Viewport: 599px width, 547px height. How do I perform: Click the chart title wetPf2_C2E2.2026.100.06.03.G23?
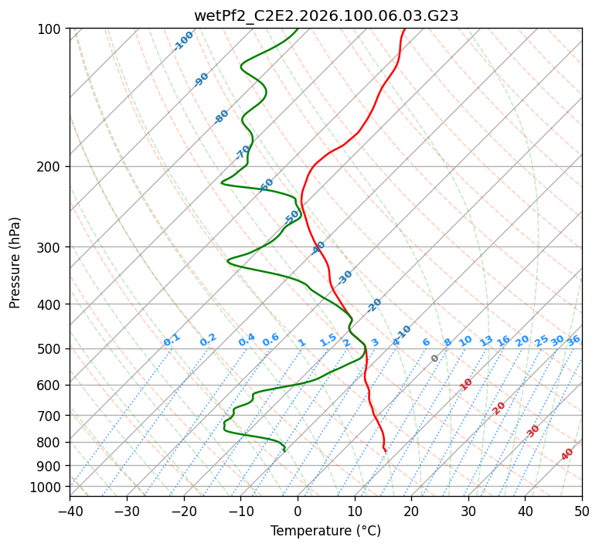(326, 15)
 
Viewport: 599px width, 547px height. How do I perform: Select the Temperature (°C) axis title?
(326, 532)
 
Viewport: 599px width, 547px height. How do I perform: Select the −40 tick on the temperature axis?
(70, 511)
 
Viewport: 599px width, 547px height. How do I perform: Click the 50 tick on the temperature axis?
(582, 511)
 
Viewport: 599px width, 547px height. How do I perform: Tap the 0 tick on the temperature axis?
(298, 511)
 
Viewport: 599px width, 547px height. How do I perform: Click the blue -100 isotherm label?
(184, 40)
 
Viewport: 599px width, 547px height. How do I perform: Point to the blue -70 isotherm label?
(243, 151)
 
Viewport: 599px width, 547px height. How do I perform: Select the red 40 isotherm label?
(567, 455)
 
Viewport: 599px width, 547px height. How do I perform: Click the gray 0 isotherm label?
(435, 358)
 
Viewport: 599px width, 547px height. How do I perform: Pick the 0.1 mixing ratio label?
(172, 340)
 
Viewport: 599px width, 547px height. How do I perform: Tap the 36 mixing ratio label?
(573, 340)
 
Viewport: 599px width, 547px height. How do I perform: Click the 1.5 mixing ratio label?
(328, 340)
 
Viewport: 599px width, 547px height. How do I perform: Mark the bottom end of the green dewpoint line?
(284, 450)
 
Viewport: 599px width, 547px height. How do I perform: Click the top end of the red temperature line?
(405, 29)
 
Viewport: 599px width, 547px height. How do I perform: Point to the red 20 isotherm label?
(499, 407)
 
